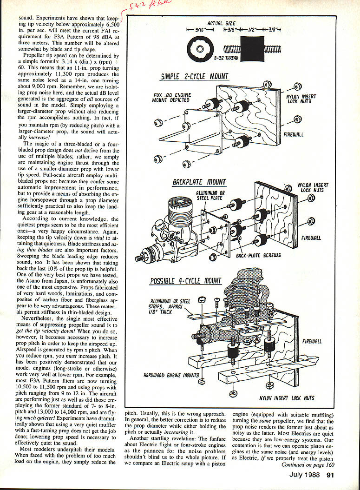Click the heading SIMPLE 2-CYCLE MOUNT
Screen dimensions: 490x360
tap(194, 76)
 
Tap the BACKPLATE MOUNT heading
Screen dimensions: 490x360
tap(199, 182)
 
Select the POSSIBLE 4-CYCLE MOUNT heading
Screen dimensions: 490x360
tap(185, 281)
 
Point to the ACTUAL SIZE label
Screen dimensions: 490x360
tap(221, 23)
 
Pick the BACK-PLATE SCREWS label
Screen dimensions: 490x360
tap(258, 255)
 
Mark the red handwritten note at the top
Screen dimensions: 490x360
tap(144, 6)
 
